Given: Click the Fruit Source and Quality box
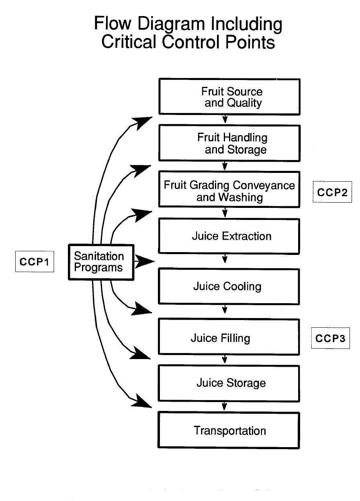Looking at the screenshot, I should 229,97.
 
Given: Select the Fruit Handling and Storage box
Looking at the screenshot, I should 229,143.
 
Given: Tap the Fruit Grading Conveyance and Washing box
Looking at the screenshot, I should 229,191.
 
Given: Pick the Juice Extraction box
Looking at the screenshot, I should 229,236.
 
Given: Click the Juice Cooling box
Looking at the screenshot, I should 229,286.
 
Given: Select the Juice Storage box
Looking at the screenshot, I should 229,383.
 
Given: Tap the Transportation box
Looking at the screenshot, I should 229,431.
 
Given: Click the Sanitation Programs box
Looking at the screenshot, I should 100,262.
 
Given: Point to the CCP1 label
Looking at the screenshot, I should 35,262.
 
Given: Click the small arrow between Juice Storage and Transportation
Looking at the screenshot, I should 225,407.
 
